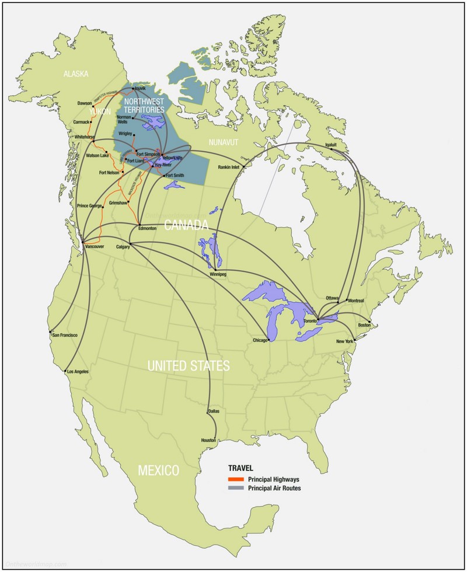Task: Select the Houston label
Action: pyautogui.click(x=209, y=440)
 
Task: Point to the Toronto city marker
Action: pyautogui.click(x=318, y=319)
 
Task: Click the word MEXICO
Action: pyautogui.click(x=158, y=470)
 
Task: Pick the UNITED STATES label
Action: pyautogui.click(x=189, y=367)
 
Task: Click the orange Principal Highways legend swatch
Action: pyautogui.click(x=236, y=479)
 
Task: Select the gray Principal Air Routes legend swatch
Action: pyautogui.click(x=236, y=488)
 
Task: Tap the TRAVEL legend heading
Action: pyautogui.click(x=241, y=468)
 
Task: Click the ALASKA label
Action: pyautogui.click(x=76, y=74)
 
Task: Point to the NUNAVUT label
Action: pyautogui.click(x=224, y=142)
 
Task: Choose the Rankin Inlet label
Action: pyautogui.click(x=229, y=167)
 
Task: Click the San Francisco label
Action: pyautogui.click(x=64, y=335)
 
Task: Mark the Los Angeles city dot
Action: pyautogui.click(x=64, y=370)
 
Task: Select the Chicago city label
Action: pyautogui.click(x=260, y=340)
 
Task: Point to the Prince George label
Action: pyautogui.click(x=90, y=206)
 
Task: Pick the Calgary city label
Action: pyautogui.click(x=123, y=246)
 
